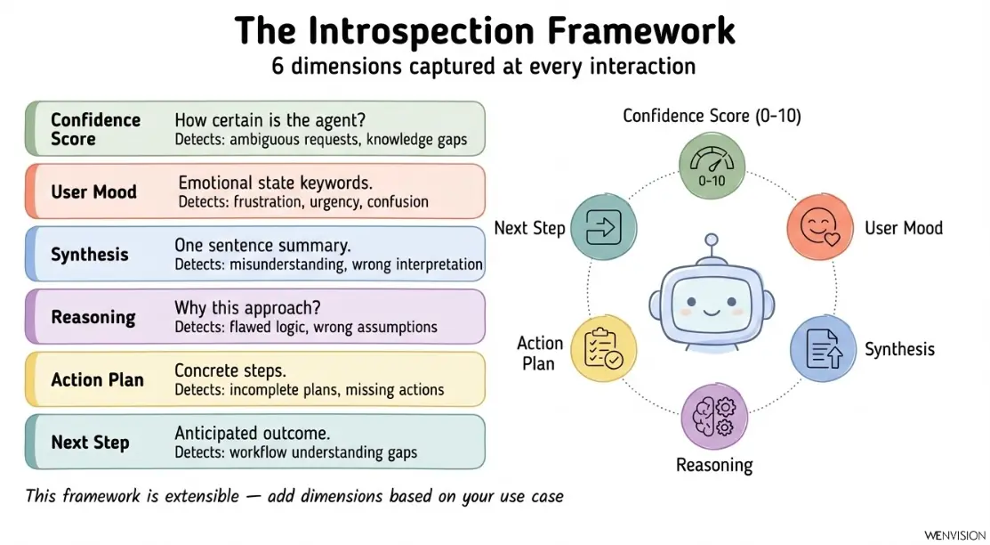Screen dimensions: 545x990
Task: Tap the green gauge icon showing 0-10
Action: [x=710, y=166]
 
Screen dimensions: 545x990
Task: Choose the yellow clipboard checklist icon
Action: [x=602, y=348]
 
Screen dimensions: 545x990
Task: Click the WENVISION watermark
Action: [x=954, y=534]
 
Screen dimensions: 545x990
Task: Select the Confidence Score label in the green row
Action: [x=95, y=129]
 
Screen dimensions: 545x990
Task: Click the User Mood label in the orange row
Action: [x=93, y=191]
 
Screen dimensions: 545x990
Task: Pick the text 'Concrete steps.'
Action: [x=230, y=370]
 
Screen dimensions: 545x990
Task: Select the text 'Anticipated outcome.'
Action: [x=253, y=434]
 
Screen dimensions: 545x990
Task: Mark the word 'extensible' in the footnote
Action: [x=194, y=496]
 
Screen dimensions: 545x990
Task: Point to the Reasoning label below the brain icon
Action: [x=713, y=465]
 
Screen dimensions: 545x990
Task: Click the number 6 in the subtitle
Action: [x=278, y=66]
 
